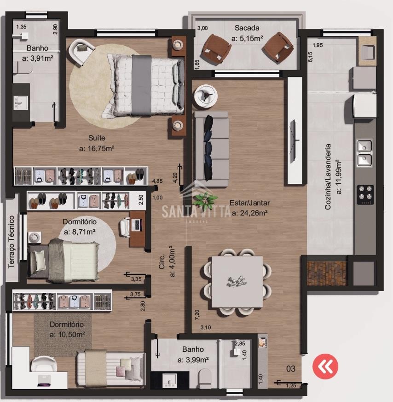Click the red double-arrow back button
coord(325,367)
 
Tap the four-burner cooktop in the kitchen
coord(365,195)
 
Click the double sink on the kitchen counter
coord(364,153)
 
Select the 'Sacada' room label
coord(247,28)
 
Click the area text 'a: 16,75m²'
coord(97,148)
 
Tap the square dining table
coord(237,282)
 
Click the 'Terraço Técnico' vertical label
coord(12,241)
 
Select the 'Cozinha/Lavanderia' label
coord(328,177)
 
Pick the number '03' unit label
coord(291,369)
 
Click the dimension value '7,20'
coord(197,315)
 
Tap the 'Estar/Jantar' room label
coord(249,203)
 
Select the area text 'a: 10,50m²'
coord(67,335)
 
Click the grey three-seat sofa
coord(212,149)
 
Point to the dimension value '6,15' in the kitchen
coord(310,57)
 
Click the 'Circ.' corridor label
coord(162,262)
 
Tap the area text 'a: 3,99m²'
coord(193,360)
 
